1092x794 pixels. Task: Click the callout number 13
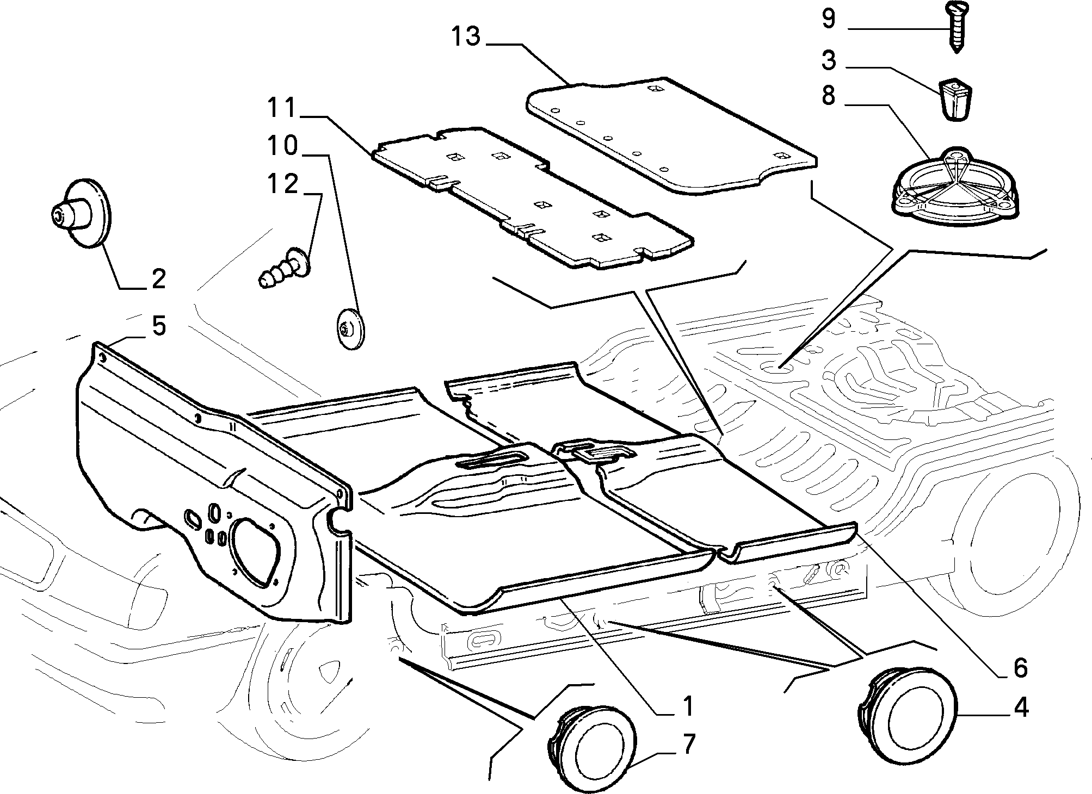click(466, 36)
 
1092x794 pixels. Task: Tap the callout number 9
click(828, 19)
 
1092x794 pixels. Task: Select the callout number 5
click(158, 326)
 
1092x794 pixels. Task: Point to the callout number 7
click(688, 744)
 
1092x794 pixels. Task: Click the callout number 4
click(1021, 708)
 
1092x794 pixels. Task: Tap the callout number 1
click(688, 706)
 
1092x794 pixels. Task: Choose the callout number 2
click(158, 279)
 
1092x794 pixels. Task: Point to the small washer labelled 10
click(348, 330)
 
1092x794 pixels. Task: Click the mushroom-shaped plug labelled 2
click(79, 213)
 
